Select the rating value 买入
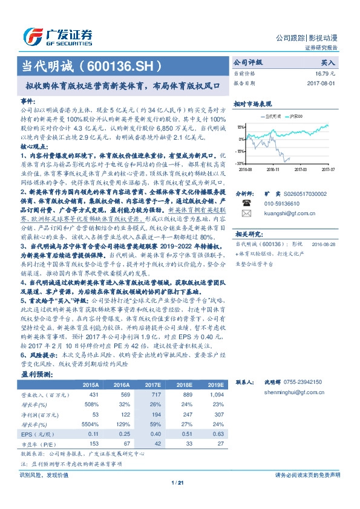pyautogui.click(x=327, y=62)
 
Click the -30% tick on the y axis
pyautogui.click(x=240, y=163)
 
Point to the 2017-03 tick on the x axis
pyautogui.click(x=301, y=170)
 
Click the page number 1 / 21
pyautogui.click(x=179, y=482)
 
